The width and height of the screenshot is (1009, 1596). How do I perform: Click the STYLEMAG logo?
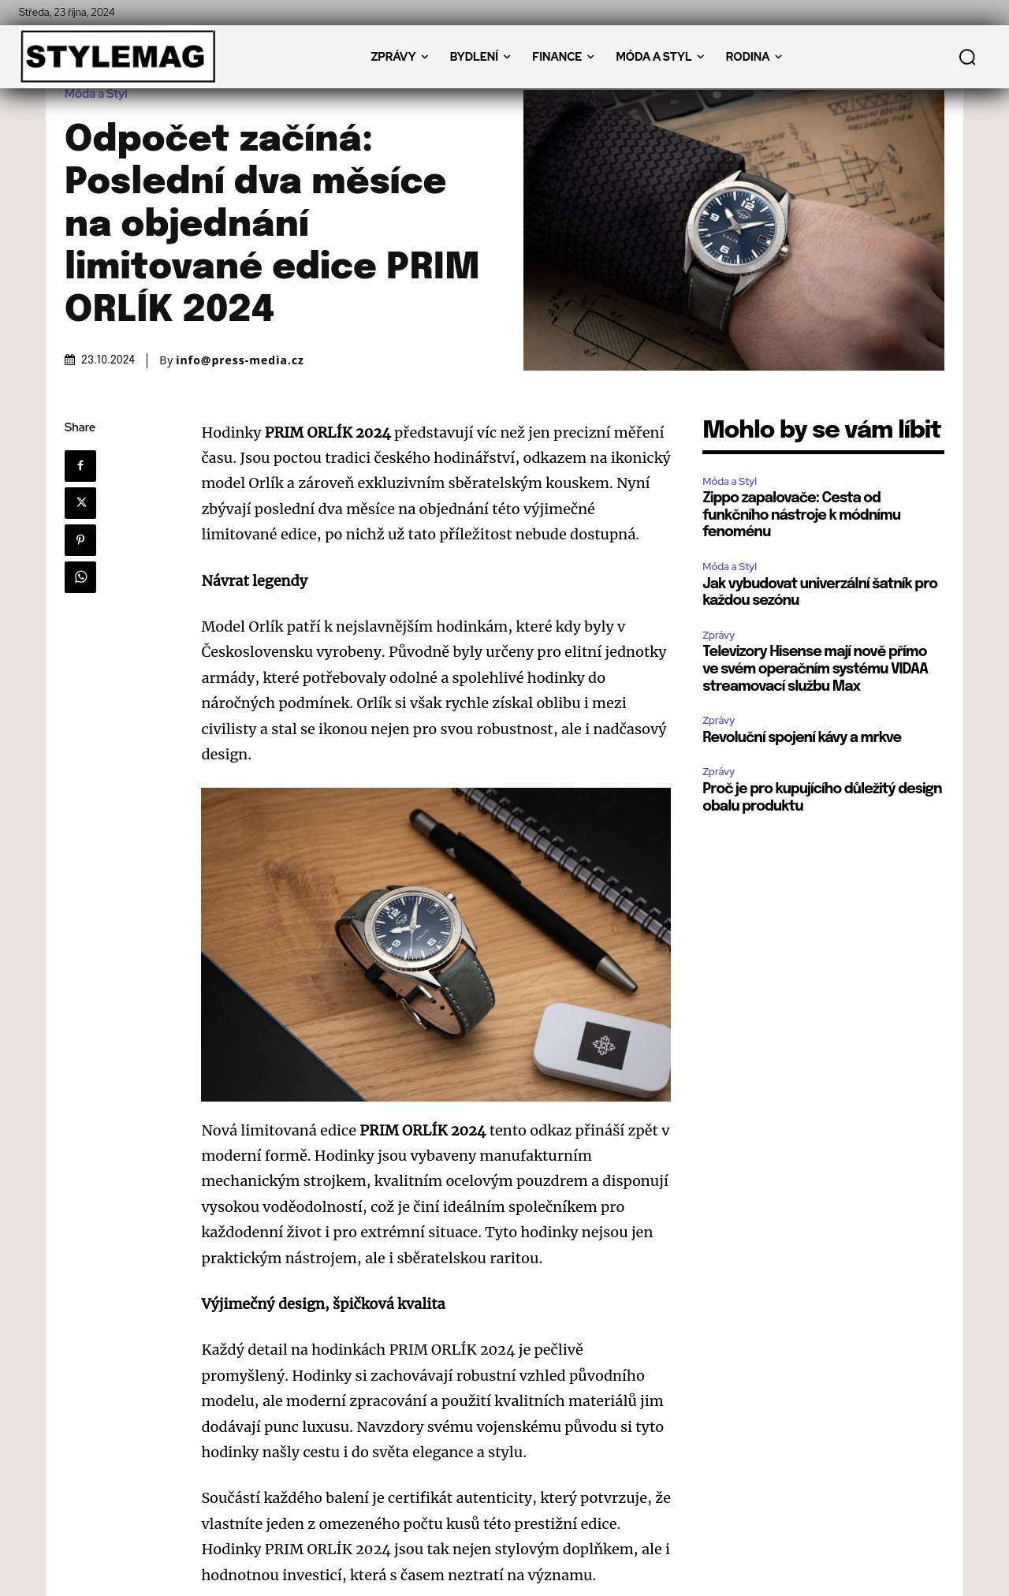(x=117, y=57)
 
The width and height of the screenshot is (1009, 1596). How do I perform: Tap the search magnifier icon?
(x=967, y=57)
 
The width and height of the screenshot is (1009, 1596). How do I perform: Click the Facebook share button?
(x=80, y=466)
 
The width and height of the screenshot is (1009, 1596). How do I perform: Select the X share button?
(x=80, y=503)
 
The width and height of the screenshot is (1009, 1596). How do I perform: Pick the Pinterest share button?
(x=80, y=540)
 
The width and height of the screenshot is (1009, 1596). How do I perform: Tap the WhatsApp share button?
(x=80, y=577)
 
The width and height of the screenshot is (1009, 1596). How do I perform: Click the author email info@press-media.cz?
(x=240, y=360)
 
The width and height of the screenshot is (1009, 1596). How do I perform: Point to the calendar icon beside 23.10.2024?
(x=70, y=360)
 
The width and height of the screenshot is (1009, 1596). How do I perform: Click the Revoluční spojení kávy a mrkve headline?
(x=802, y=737)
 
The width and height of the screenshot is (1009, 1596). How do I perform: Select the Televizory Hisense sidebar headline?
(x=815, y=668)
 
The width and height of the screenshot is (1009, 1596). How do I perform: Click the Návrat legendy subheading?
(x=255, y=580)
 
